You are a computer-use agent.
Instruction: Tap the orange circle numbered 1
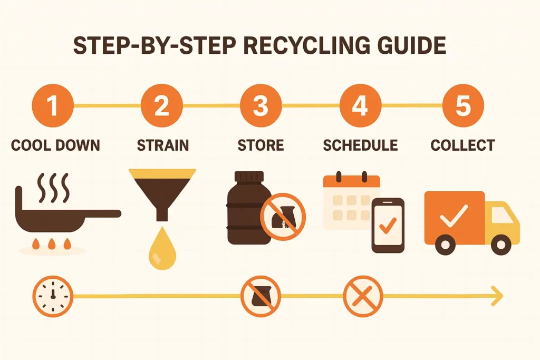click(x=53, y=105)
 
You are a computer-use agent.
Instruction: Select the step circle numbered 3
click(x=261, y=105)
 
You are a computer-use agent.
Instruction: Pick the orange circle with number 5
click(x=463, y=105)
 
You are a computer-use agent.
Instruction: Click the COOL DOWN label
click(x=55, y=145)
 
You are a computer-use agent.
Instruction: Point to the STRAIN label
click(x=163, y=145)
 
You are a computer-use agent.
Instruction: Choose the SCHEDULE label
click(x=360, y=145)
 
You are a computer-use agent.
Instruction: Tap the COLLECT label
click(x=462, y=145)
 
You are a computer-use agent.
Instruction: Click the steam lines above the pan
click(x=53, y=188)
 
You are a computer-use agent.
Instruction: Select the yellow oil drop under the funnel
click(x=162, y=248)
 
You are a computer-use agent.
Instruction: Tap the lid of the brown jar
click(x=249, y=176)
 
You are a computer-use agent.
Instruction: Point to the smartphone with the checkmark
click(x=388, y=226)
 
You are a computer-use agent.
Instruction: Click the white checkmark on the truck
click(x=454, y=216)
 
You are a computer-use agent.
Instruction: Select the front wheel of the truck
click(x=501, y=245)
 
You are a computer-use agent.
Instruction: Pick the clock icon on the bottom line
click(x=53, y=296)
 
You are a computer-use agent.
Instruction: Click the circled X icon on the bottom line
click(x=363, y=296)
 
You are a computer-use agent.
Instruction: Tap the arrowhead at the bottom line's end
click(x=497, y=296)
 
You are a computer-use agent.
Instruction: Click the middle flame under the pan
click(x=52, y=244)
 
